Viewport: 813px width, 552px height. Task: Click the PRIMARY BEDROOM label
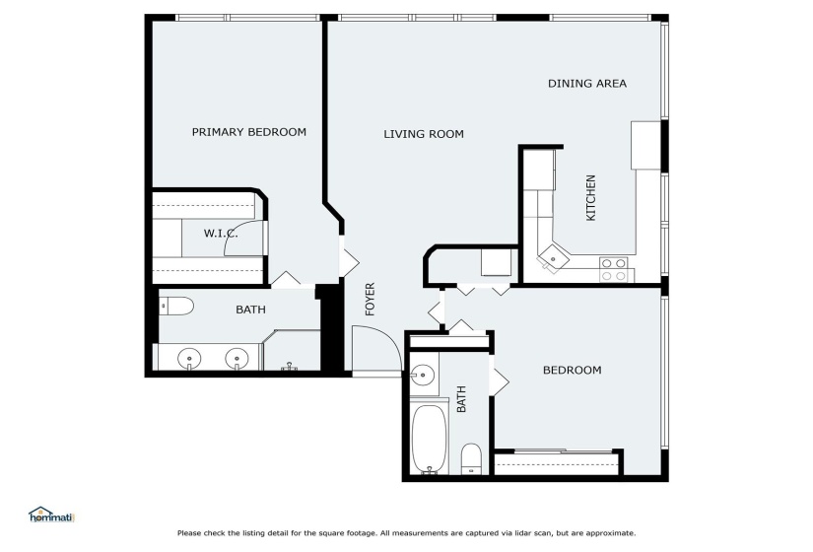click(x=249, y=132)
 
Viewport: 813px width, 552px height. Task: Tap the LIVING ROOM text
click(x=424, y=134)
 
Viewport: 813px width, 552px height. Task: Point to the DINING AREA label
click(x=587, y=84)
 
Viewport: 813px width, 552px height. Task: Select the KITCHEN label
click(x=590, y=198)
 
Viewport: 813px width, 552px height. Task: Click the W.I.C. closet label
click(x=221, y=234)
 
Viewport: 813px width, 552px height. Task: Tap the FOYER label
click(x=370, y=300)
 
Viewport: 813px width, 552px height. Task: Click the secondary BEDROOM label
click(x=573, y=371)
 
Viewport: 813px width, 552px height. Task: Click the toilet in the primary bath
click(x=176, y=307)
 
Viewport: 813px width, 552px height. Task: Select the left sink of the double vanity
click(x=189, y=359)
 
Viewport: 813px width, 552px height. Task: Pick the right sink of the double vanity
click(x=237, y=359)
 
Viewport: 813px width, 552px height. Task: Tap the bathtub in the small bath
click(x=430, y=439)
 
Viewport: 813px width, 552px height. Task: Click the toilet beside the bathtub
click(x=471, y=458)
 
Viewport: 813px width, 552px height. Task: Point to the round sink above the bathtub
click(x=423, y=375)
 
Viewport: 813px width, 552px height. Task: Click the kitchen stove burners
click(x=613, y=270)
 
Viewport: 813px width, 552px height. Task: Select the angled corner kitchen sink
click(x=552, y=259)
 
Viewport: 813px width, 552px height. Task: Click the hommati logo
click(x=52, y=516)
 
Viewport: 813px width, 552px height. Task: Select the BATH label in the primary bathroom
click(x=251, y=310)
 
